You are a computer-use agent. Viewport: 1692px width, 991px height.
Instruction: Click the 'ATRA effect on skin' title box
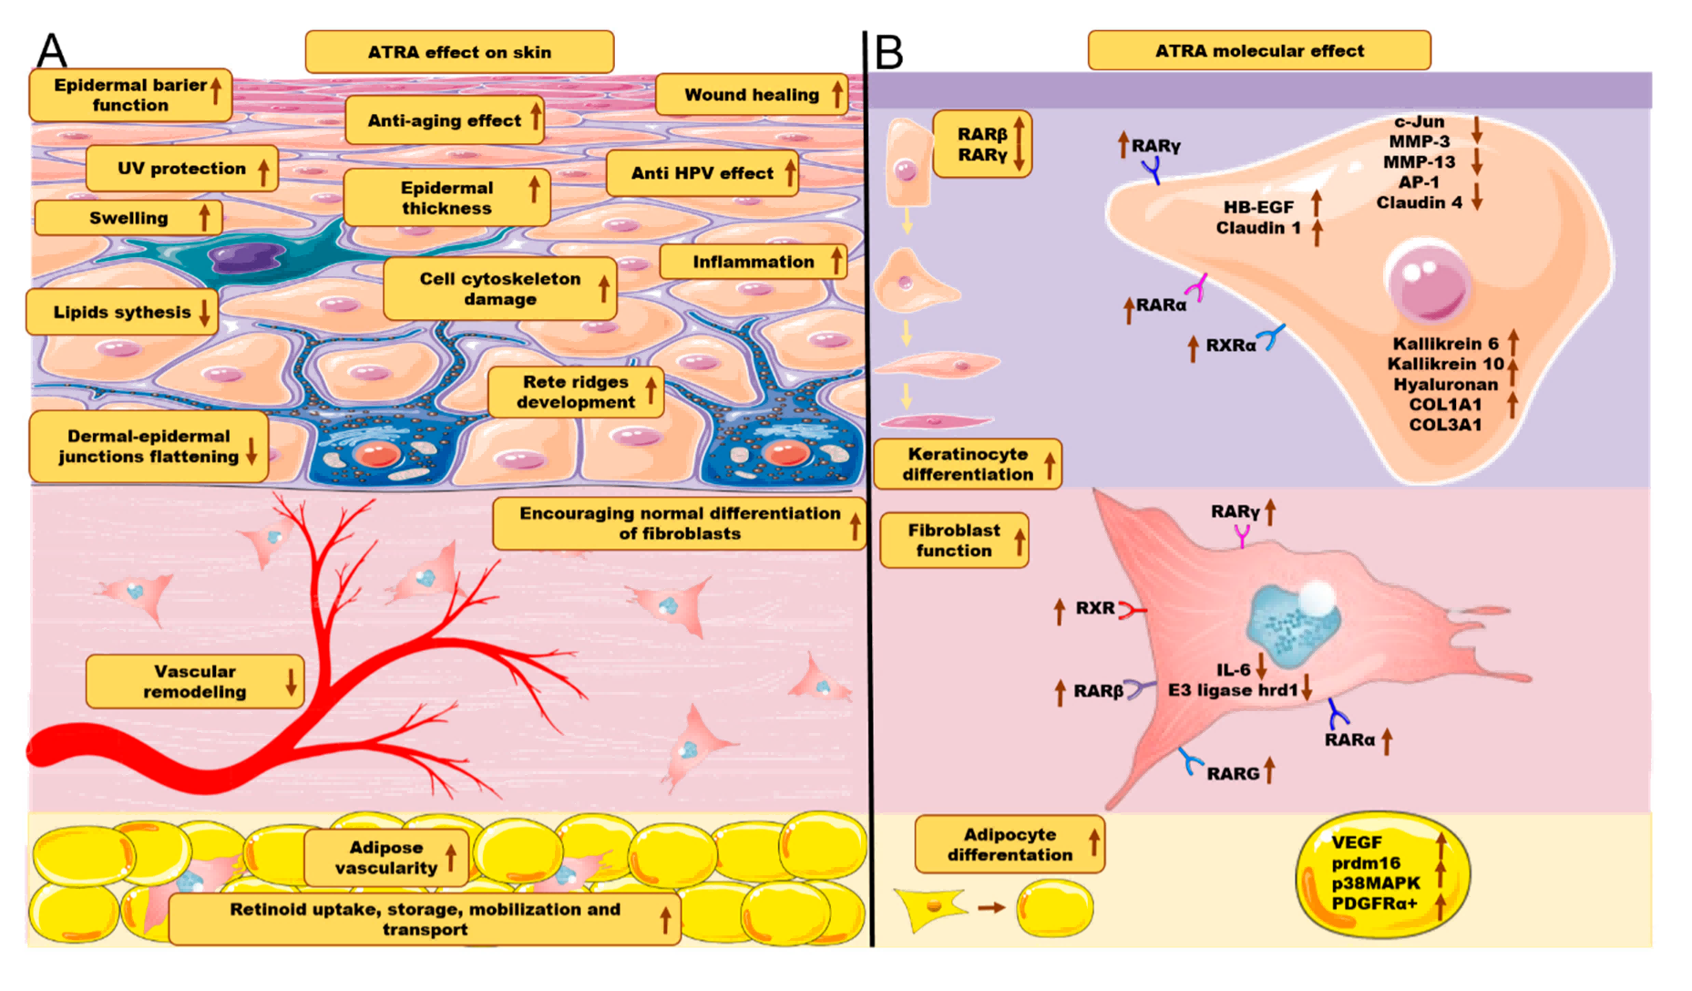[x=459, y=52]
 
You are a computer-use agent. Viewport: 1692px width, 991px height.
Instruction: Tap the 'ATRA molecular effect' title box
[x=1259, y=50]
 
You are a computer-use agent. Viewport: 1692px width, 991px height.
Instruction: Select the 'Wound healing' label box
[x=752, y=94]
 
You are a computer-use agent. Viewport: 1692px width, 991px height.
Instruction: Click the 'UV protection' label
[x=182, y=169]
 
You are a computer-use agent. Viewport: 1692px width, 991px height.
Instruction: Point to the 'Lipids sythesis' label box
[x=122, y=312]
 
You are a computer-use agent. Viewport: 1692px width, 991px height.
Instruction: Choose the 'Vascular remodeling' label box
[x=195, y=681]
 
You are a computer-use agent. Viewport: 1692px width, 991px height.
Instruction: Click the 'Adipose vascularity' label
[x=386, y=857]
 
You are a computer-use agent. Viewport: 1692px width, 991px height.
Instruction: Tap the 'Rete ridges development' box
[x=576, y=392]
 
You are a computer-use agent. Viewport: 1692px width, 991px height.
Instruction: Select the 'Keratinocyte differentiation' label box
[x=968, y=464]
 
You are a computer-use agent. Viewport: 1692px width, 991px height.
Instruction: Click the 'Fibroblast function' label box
[x=954, y=540]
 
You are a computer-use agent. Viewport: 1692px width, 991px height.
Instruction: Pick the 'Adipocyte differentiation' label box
[x=1010, y=844]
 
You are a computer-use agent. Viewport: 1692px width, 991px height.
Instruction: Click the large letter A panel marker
[x=51, y=51]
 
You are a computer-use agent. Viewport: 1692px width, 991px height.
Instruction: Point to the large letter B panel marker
[x=888, y=52]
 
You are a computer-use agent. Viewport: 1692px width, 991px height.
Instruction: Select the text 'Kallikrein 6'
[x=1445, y=344]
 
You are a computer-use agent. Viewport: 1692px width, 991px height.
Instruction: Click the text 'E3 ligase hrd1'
[x=1233, y=690]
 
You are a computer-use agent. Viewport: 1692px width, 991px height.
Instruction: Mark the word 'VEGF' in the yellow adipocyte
[x=1357, y=842]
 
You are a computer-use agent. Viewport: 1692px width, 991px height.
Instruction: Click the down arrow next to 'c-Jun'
[x=1477, y=127]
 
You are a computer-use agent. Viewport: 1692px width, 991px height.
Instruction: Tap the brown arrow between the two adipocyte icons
[x=991, y=908]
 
